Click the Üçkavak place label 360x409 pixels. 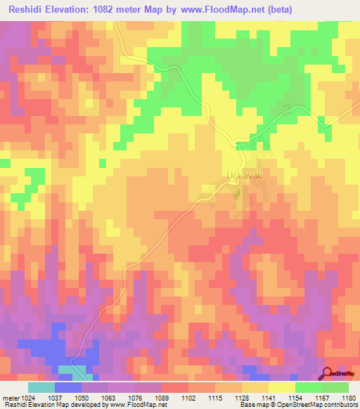(243, 177)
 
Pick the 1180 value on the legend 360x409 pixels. (348, 398)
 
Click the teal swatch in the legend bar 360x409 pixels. (41, 387)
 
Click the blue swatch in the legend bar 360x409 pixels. (68, 387)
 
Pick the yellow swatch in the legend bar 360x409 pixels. (281, 387)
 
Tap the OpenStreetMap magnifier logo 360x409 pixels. (328, 374)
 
